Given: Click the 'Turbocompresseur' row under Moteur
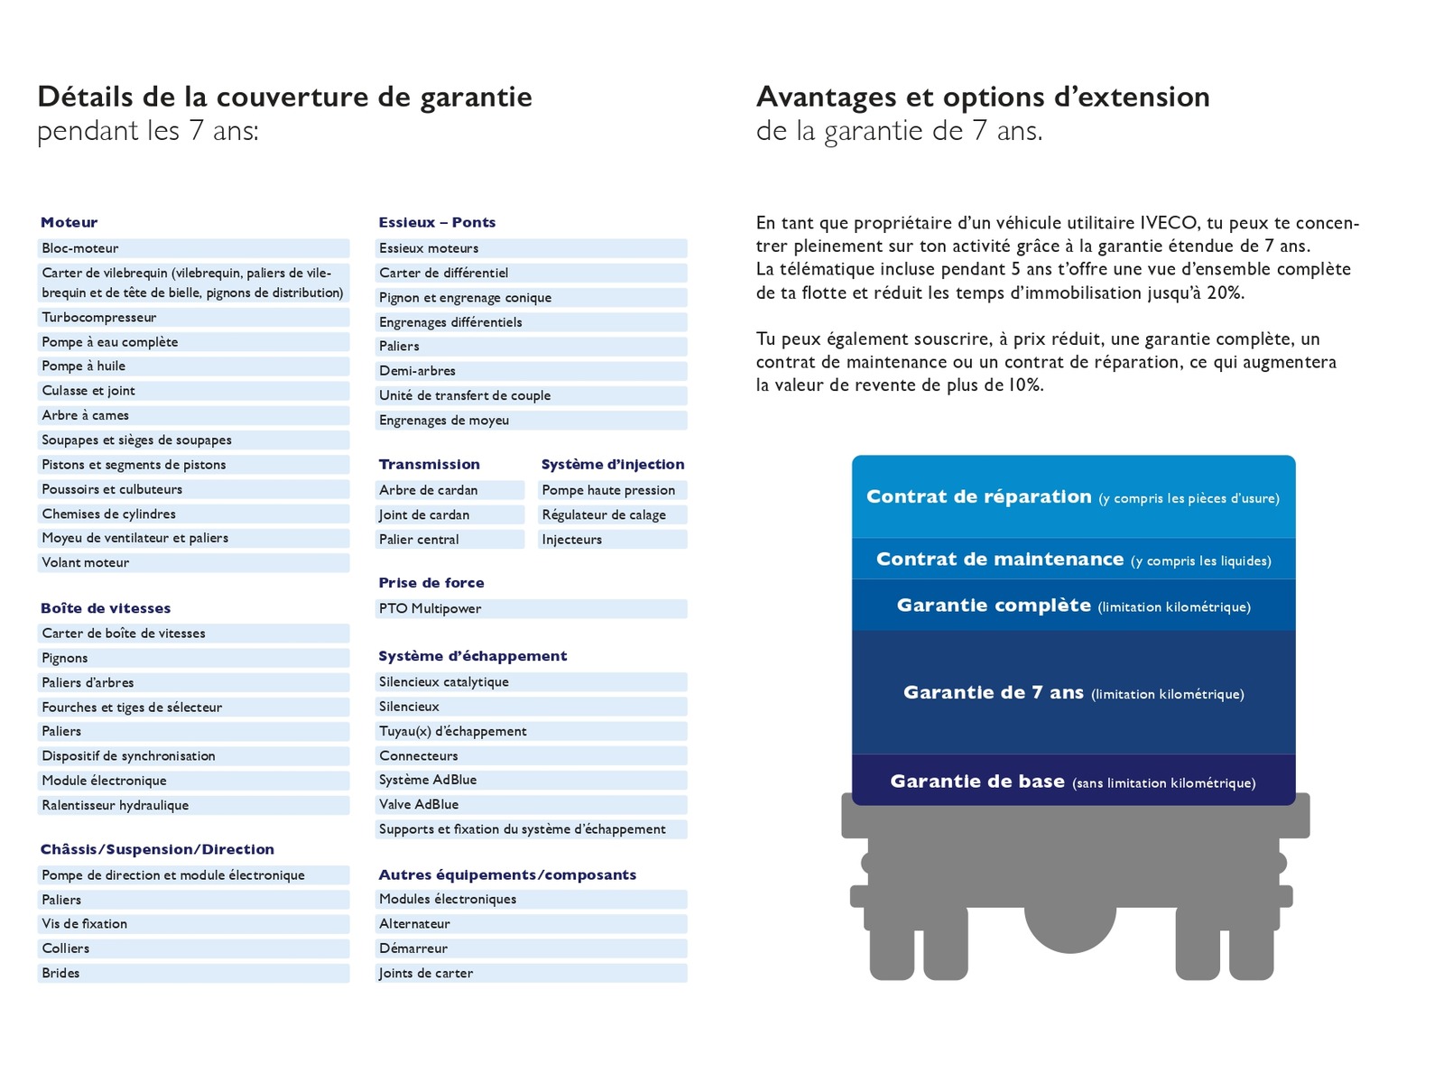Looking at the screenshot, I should coord(99,318).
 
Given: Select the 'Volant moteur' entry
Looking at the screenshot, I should coord(86,563).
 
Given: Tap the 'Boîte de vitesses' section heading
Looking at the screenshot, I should coord(106,608).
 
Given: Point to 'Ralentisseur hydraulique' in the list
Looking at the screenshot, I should coord(116,806).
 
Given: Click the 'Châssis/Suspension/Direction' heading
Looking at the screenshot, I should coord(157,849).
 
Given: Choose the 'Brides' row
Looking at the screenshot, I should coord(60,974).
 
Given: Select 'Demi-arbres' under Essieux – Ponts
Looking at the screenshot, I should coord(417,371).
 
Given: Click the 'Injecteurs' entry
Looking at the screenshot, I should coord(571,540).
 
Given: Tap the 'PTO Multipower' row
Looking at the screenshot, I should coord(430,609).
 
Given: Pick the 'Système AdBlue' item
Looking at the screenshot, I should coord(428,780).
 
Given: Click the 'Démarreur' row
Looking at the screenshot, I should coord(413,949).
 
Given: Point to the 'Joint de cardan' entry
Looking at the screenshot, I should coord(424,515).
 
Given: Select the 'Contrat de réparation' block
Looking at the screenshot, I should coord(1072,497).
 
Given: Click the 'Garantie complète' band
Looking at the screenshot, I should coord(1073,606).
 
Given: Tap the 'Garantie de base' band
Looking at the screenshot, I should coord(1072,782).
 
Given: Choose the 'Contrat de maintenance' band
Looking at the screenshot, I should coord(1073,560).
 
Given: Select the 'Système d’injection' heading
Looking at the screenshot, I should coord(613,465).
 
